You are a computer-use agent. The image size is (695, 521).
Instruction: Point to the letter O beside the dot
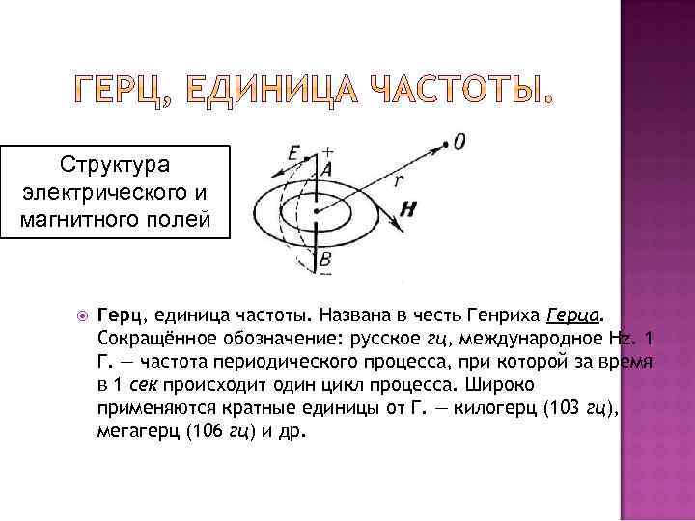tap(459, 142)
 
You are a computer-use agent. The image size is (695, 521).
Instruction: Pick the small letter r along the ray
tap(398, 179)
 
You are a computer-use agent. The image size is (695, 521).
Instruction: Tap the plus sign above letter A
tap(328, 151)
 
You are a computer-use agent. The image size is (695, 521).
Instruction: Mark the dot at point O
tap(445, 146)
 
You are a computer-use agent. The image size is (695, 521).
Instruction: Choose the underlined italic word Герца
tap(573, 315)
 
